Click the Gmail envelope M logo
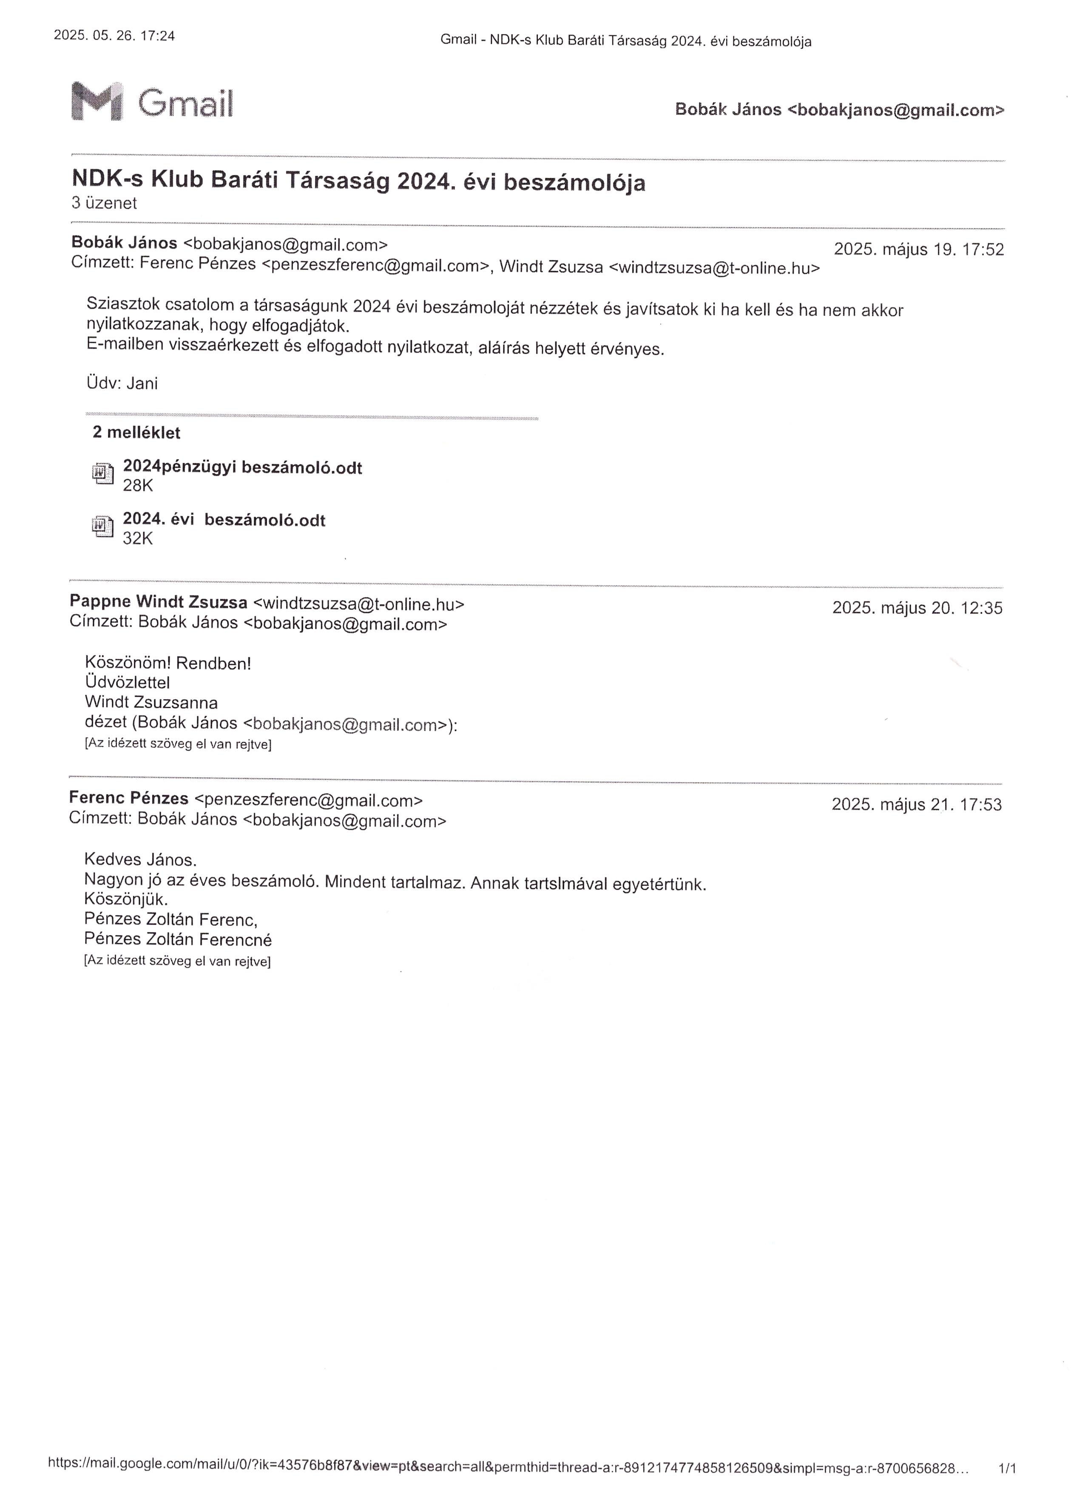click(97, 101)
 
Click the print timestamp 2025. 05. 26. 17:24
click(114, 36)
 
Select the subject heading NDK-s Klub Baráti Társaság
click(358, 181)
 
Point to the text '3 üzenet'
click(104, 203)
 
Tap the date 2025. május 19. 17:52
click(918, 250)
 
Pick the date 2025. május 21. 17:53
click(917, 805)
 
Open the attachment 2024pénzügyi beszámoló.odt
click(242, 468)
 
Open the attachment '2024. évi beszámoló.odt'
click(224, 520)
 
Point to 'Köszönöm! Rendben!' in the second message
click(168, 663)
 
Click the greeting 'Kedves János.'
click(140, 860)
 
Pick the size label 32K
click(137, 539)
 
